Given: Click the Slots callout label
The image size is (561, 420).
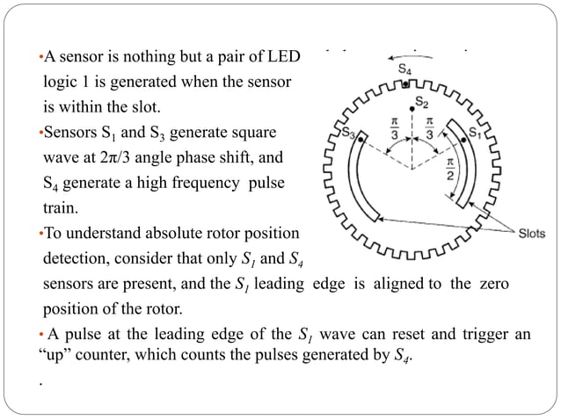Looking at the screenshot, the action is (531, 234).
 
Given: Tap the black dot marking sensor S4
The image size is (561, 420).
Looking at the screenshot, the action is (404, 84).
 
